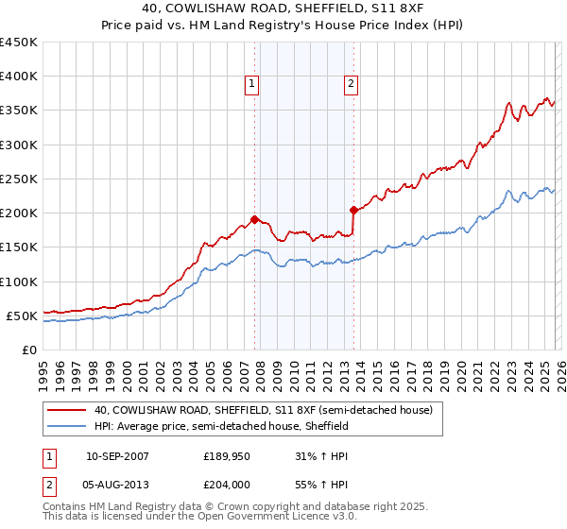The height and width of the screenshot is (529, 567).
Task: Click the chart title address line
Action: pos(283,9)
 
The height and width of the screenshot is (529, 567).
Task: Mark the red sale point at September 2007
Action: pos(254,220)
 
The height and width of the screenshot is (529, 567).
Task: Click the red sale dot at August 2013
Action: pos(352,210)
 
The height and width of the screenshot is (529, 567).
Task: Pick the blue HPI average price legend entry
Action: pos(221,427)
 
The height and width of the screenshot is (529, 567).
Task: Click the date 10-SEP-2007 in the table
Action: pos(117,457)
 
